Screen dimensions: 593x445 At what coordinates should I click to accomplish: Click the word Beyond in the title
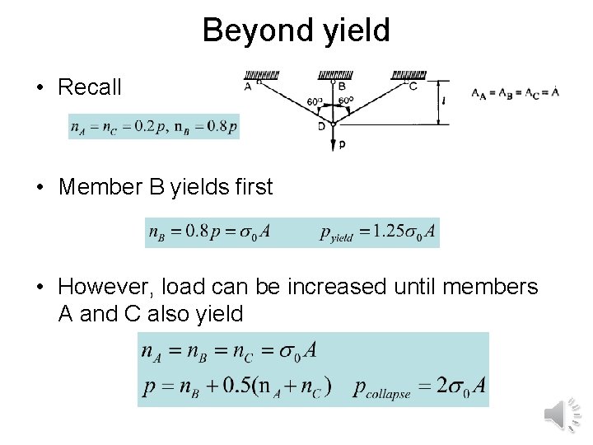250,30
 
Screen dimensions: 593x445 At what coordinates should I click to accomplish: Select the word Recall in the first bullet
90,87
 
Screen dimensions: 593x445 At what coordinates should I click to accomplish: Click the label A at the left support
248,86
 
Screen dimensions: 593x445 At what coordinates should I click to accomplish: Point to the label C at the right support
413,86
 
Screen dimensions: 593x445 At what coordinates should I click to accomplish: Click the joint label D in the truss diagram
322,126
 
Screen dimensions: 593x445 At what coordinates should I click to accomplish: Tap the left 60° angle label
314,102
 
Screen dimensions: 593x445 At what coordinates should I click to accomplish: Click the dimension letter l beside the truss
443,101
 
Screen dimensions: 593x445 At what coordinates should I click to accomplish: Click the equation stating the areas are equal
515,92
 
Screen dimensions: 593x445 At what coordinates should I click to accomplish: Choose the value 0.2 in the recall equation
144,127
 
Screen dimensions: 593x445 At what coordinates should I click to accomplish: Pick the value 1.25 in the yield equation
378,233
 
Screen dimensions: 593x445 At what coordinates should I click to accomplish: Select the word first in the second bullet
253,187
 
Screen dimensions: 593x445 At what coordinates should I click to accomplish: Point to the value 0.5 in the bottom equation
245,385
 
